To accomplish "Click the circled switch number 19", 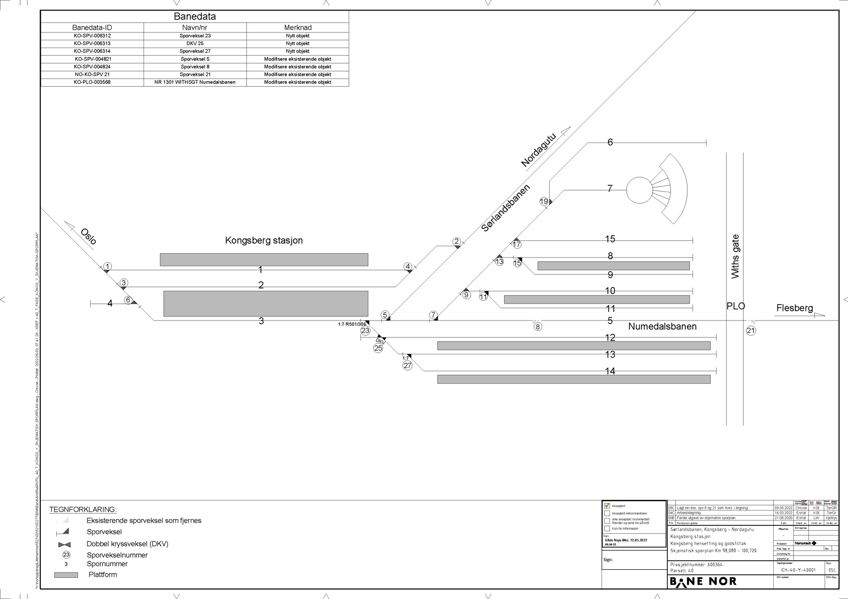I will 544,201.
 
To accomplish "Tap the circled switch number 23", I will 365,331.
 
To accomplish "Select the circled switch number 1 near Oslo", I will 108,266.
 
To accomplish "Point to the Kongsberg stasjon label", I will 264,240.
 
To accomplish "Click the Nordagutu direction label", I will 538,150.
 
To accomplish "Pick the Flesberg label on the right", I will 794,308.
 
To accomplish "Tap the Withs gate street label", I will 735,256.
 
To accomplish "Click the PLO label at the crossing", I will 736,306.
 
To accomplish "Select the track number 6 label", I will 610,142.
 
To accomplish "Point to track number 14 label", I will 610,371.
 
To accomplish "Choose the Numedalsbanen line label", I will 662,326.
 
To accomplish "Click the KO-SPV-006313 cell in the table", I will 92,43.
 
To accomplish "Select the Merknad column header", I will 298,28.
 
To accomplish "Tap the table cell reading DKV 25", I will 195,43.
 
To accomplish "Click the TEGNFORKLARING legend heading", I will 83,509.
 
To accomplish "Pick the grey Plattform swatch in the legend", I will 66,575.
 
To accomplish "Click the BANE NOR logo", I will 703,582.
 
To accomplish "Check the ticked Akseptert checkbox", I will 607,506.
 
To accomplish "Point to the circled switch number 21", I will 751,331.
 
